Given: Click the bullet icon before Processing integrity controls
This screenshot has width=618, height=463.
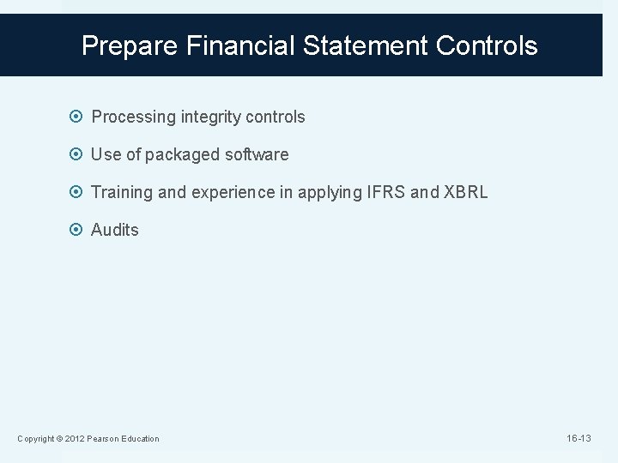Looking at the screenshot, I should coord(78,117).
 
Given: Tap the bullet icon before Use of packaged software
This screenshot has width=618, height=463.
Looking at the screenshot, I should coord(78,155).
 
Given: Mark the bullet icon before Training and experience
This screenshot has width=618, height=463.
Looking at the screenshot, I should coord(78,193).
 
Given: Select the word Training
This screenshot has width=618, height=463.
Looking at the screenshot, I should coord(122,193).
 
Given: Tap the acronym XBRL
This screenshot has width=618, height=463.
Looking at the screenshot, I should coord(464,193).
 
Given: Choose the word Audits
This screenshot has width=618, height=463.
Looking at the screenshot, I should coord(114,231).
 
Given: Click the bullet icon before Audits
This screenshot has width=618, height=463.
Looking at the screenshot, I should coord(78,231).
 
